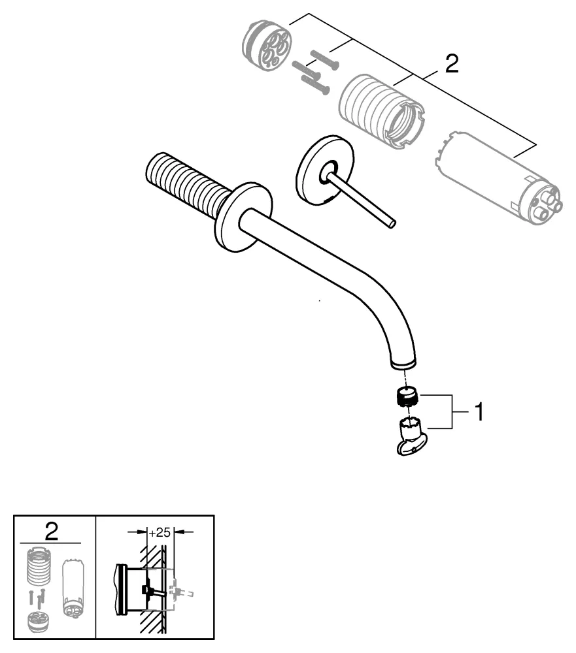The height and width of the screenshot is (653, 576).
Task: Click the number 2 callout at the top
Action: point(450,64)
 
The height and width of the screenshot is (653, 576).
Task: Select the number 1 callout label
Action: point(479,413)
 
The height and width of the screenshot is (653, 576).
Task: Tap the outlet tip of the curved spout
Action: point(402,362)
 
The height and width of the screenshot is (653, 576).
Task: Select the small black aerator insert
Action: point(408,396)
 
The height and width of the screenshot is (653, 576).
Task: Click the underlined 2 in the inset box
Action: point(51,531)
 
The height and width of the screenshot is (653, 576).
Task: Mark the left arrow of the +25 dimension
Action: point(142,532)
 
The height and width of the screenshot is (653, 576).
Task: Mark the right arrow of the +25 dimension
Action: point(180,532)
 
